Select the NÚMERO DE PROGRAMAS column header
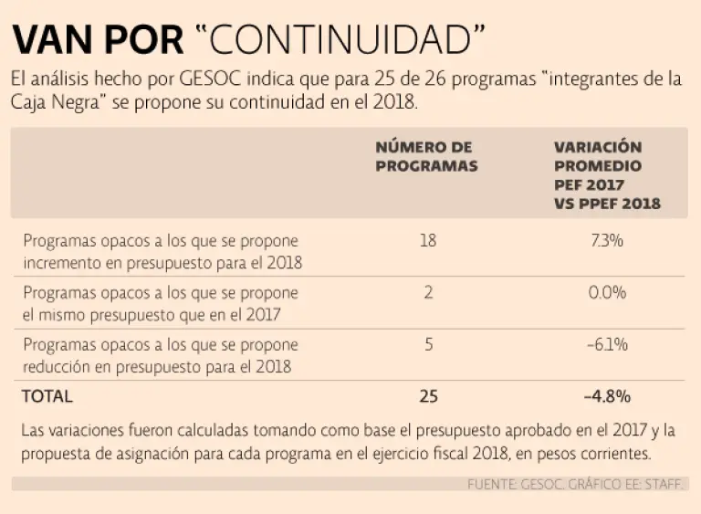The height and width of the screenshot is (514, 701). coord(426,156)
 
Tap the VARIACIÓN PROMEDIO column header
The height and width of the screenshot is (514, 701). coord(607,175)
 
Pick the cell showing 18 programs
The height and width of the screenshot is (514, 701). coord(428,241)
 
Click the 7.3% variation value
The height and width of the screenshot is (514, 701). coord(607,241)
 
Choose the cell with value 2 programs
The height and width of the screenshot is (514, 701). coord(428,293)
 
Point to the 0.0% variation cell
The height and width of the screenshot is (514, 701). coord(607,293)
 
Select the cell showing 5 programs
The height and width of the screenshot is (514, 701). coord(428,345)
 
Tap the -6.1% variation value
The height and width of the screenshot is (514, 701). coord(607,345)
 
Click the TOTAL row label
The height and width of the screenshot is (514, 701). coord(47,396)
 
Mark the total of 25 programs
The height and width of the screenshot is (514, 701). coord(428,396)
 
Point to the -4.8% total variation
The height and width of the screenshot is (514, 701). coord(607,396)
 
